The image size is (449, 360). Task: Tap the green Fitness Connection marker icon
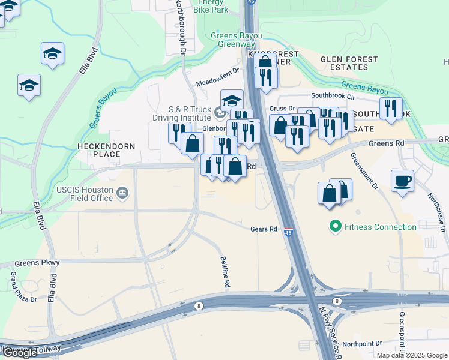[334, 227]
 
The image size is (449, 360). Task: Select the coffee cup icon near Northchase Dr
[402, 180]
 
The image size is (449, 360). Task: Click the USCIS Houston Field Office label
[85, 193]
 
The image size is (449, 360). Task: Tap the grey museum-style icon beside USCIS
[122, 193]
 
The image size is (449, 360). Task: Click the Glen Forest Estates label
[349, 64]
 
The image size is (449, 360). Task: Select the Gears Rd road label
[264, 229]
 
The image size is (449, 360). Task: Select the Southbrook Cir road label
[337, 96]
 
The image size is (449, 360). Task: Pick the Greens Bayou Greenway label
[237, 40]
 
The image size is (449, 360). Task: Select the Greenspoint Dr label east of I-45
[363, 170]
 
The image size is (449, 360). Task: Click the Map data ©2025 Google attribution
[412, 355]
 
